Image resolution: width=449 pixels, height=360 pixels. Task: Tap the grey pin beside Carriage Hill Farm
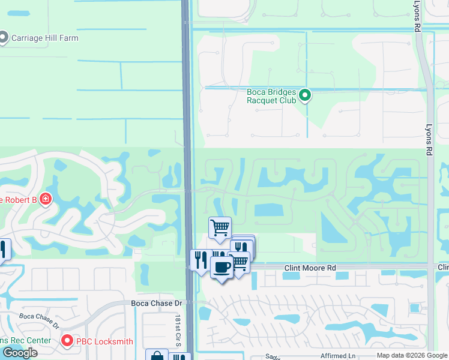pos(4,38)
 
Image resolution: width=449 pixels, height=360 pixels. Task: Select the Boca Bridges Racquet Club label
pos(272,96)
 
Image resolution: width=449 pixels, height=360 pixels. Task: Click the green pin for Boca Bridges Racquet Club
pos(305,95)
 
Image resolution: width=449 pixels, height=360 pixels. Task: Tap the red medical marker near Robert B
pos(46,199)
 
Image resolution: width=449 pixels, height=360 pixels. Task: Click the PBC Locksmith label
pos(105,341)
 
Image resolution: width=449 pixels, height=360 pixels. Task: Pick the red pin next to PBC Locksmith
pos(67,341)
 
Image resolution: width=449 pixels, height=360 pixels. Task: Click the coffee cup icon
pos(221,268)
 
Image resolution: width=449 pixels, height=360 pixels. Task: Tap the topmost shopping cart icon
pos(220,227)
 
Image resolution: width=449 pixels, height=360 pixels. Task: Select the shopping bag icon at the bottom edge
pos(157,356)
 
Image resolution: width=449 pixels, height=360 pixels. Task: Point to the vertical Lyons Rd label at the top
pos(417,16)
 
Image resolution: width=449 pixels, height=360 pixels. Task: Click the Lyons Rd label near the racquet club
pos(429,141)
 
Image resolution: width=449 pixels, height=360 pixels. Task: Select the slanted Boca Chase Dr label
pos(40,320)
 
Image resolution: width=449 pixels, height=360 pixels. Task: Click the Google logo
pos(19,353)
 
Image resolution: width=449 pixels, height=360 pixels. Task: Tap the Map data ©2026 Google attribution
pos(412,356)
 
